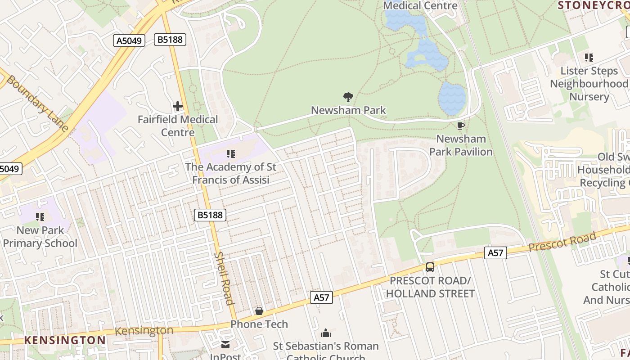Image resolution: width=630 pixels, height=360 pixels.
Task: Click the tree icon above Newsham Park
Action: click(x=348, y=97)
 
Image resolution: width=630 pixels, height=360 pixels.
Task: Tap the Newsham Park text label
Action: click(x=348, y=110)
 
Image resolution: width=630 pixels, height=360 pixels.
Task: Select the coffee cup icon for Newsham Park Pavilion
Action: click(x=460, y=126)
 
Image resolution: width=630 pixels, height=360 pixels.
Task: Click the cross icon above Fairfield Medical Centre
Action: click(x=178, y=107)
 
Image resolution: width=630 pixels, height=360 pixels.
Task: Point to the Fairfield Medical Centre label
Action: click(x=178, y=126)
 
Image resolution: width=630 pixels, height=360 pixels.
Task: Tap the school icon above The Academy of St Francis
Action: click(x=231, y=154)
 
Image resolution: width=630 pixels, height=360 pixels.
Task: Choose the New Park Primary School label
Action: click(x=40, y=237)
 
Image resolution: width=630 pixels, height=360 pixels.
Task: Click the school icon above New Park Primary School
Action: click(x=40, y=217)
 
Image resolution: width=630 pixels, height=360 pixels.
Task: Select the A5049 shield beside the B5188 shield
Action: click(x=129, y=41)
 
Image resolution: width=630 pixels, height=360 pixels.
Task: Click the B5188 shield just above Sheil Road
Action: click(x=210, y=215)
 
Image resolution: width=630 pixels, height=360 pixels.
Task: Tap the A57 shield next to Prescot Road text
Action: click(x=495, y=253)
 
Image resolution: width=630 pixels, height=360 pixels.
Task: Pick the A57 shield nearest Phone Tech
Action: click(x=321, y=297)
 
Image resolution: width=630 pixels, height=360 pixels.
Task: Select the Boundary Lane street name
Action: click(x=37, y=103)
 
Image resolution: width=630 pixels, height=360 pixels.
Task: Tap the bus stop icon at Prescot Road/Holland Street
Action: click(x=430, y=267)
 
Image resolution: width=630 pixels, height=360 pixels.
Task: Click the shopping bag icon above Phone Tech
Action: click(x=259, y=311)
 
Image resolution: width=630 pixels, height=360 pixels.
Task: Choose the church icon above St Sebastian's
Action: click(x=326, y=333)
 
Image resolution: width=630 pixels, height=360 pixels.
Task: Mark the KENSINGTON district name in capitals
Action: click(x=65, y=340)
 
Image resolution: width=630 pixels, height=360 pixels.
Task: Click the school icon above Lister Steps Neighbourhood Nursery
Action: click(x=589, y=58)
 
